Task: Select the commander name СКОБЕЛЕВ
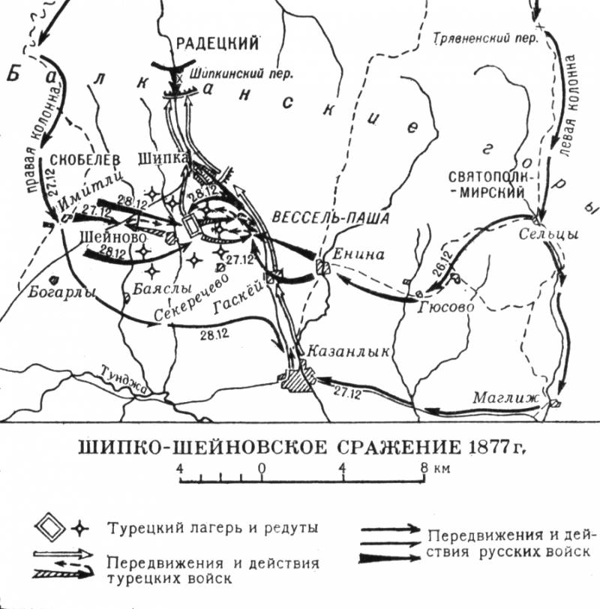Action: tap(83, 159)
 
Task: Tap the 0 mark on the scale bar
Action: tap(261, 469)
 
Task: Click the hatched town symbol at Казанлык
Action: tap(293, 378)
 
